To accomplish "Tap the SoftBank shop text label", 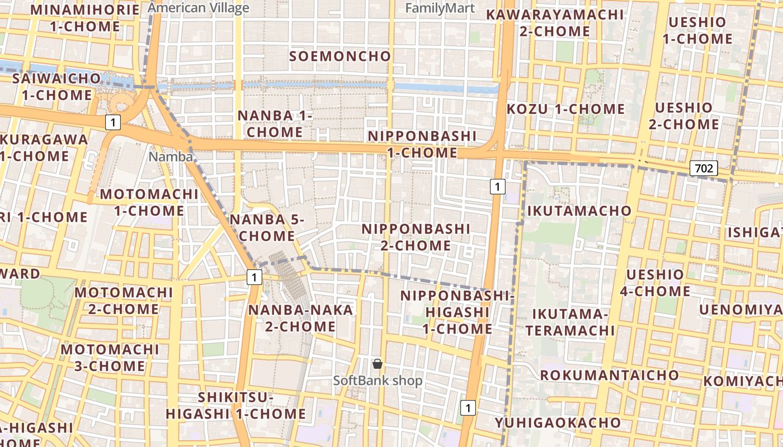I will [x=378, y=381].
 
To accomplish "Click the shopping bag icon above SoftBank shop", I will [x=378, y=364].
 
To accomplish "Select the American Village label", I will [x=199, y=8].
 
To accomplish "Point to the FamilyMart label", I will [x=440, y=8].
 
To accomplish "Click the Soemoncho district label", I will [x=340, y=56].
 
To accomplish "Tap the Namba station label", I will [x=171, y=157].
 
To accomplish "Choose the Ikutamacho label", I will [x=579, y=211].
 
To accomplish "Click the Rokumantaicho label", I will [x=610, y=375].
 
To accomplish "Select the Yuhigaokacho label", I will [x=558, y=422].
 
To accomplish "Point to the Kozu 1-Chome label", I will [x=565, y=109].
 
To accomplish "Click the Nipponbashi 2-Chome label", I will [x=416, y=237].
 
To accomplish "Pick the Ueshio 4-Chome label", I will [x=655, y=283].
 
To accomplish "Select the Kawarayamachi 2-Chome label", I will [x=555, y=22].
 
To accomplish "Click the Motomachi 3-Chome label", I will [x=110, y=358].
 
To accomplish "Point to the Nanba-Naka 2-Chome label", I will [x=301, y=318].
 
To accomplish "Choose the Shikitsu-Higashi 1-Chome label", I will [x=235, y=406].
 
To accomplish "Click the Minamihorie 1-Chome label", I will [x=85, y=18].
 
